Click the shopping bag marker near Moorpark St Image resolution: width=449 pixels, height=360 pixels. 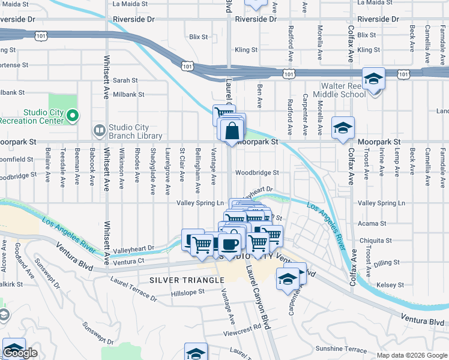tap(231, 131)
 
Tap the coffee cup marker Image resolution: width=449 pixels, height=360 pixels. tap(229, 244)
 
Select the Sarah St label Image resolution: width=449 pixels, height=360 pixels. tap(125, 80)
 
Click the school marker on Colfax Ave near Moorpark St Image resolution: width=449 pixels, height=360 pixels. tap(343, 128)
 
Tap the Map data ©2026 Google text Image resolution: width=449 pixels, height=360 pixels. tap(411, 355)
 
